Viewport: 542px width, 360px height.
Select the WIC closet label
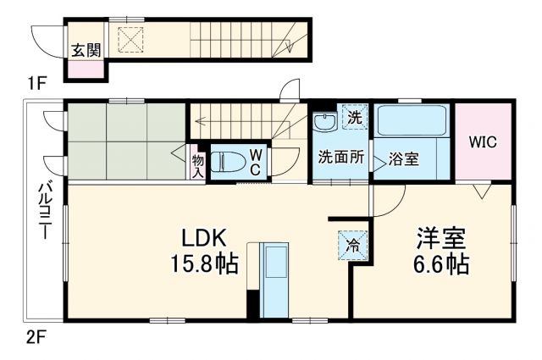[x=483, y=141]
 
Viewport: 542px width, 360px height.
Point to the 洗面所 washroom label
[x=340, y=158]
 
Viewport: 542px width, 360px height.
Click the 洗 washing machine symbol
[x=354, y=118]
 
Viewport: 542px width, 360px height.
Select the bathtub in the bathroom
[x=411, y=121]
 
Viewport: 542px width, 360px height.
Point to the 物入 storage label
[x=197, y=164]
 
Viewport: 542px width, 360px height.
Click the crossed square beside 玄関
[x=131, y=38]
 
